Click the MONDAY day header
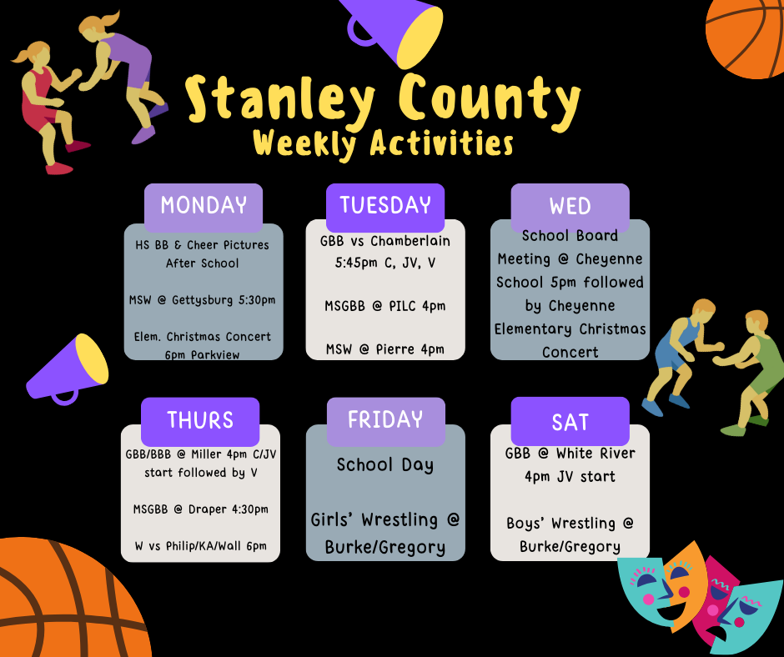coord(204,206)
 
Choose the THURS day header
coord(200,420)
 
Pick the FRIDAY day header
coord(385,420)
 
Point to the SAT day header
coord(570,422)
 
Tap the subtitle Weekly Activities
coord(383,143)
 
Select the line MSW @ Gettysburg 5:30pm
coord(203,300)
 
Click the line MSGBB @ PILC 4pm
coord(385,306)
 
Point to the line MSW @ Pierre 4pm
coord(385,349)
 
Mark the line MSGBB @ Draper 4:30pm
coord(201,509)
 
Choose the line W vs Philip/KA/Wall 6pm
coord(201,546)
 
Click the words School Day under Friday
coord(385,465)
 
